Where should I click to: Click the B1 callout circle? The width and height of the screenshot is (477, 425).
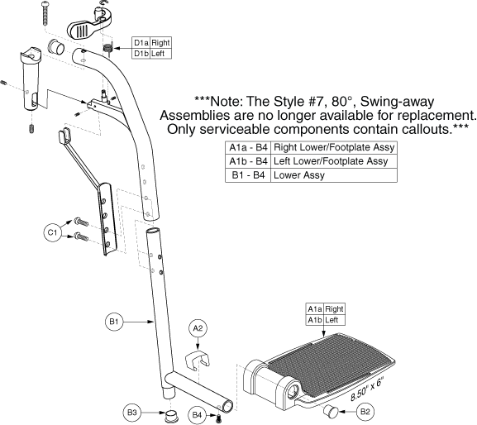pos(114,322)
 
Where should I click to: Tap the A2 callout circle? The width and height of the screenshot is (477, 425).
pos(198,328)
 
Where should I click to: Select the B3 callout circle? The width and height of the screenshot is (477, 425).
pos(132,413)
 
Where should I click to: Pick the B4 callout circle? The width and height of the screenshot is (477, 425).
pos(197,415)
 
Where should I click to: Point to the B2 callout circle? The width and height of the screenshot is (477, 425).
pos(365,412)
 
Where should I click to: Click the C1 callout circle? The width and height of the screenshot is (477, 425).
pos(52,232)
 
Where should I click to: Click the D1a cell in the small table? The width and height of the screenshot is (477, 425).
pos(141,43)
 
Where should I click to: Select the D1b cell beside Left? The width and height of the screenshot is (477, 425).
pos(141,54)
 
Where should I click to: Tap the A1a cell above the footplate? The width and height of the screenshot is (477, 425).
pos(315,309)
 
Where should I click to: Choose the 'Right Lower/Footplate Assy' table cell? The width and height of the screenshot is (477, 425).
pos(334,147)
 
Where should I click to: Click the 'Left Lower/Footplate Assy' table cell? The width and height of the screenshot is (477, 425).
pos(334,161)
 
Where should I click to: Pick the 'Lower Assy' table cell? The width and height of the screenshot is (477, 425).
pos(334,175)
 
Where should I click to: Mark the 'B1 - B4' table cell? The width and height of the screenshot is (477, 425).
pos(248,175)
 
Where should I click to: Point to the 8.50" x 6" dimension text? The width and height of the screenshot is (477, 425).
pos(367,389)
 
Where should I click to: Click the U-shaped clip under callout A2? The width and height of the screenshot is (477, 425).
pos(198,361)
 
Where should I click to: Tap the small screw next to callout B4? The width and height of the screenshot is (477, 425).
pos(218,418)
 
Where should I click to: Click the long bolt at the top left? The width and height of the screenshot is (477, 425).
pos(45,12)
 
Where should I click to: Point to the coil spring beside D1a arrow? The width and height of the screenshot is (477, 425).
pos(107,49)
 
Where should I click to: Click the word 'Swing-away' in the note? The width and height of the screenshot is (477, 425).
pos(397,102)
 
